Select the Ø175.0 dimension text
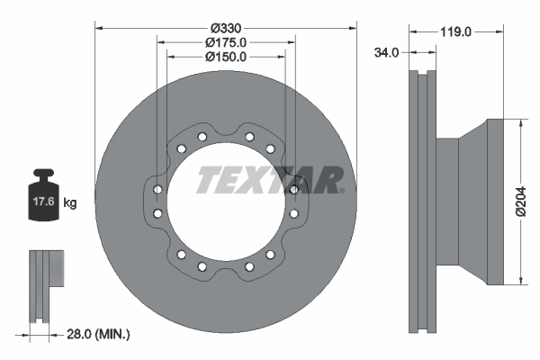pos(226,42)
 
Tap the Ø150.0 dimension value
pos(226,57)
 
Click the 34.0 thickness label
pos(386,53)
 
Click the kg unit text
pos(70,203)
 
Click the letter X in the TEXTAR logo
pos(257,180)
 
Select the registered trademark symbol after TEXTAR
pos(341,189)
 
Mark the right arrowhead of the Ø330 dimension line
pos(353,28)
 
